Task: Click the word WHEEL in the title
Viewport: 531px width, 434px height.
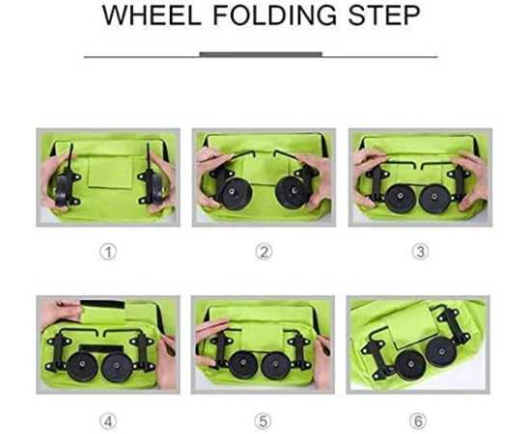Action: click(152, 15)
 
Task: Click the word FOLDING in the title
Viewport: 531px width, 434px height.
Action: click(275, 15)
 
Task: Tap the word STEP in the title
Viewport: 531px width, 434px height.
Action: click(384, 15)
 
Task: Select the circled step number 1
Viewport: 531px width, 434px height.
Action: click(108, 252)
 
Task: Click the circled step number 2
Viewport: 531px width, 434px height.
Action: click(264, 252)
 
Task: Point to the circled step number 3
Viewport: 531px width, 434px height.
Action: click(420, 252)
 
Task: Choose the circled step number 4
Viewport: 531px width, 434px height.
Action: click(108, 421)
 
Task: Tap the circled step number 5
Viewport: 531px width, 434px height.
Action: click(263, 421)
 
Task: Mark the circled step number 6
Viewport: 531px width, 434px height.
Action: click(418, 421)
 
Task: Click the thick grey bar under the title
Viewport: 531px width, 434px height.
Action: click(261, 54)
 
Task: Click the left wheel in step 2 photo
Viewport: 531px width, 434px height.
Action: click(235, 192)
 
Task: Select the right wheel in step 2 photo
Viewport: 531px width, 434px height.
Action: click(292, 192)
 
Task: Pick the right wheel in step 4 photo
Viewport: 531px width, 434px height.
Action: click(117, 367)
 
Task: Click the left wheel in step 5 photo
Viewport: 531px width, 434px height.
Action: click(243, 365)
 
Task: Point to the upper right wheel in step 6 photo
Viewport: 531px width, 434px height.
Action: click(441, 351)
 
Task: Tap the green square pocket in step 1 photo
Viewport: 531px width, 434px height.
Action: click(110, 173)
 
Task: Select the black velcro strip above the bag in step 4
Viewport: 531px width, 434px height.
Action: click(102, 304)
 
